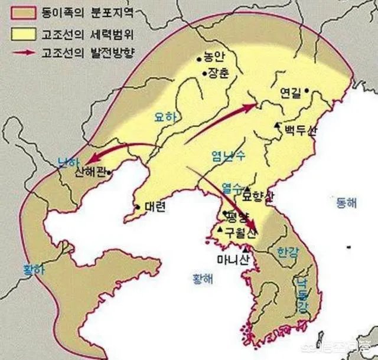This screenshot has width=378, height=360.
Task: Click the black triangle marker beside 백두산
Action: point(277,125)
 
